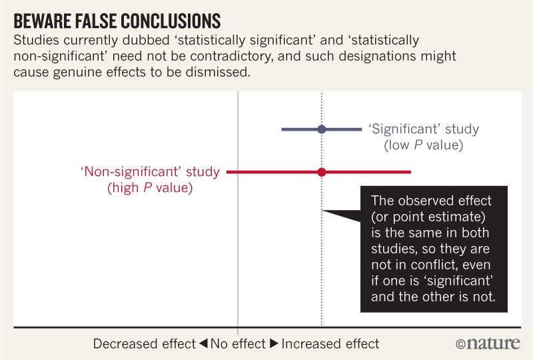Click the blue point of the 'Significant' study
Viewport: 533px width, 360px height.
click(x=322, y=129)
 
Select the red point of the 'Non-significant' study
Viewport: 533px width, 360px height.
click(x=322, y=172)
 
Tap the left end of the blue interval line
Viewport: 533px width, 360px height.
click(x=282, y=129)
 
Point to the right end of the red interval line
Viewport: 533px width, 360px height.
click(x=410, y=172)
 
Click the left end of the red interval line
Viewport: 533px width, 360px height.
click(x=228, y=172)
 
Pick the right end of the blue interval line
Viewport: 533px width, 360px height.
click(x=360, y=129)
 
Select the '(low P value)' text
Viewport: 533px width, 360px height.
click(x=423, y=145)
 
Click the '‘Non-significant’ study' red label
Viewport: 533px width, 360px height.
click(x=150, y=172)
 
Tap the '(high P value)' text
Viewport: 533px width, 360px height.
click(x=150, y=188)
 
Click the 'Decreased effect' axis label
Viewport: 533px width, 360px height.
click(x=145, y=344)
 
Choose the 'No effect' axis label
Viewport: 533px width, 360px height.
click(x=238, y=344)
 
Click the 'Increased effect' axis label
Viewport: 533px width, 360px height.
click(x=330, y=344)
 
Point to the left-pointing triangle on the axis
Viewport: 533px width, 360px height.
click(x=203, y=344)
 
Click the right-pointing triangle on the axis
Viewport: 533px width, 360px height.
click(x=274, y=344)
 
